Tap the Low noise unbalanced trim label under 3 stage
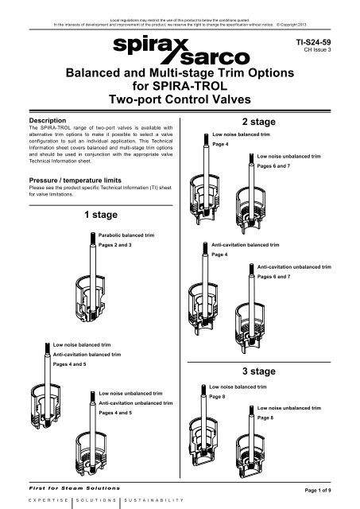(x=290, y=406)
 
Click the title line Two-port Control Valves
(x=180, y=101)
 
